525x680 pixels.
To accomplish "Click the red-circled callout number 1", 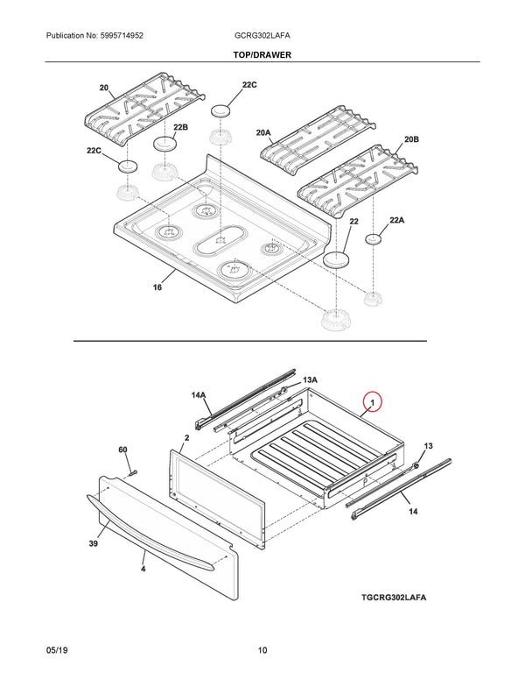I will [x=373, y=403].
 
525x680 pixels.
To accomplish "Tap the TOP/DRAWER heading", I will [x=263, y=54].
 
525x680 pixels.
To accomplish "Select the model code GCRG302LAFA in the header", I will [x=263, y=36].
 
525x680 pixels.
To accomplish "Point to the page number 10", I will [x=262, y=650].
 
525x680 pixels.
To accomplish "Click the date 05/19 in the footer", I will [x=57, y=650].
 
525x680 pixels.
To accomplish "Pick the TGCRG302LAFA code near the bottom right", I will [x=399, y=598].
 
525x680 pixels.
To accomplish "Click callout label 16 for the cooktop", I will [x=157, y=288].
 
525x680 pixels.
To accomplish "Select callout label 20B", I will [x=411, y=140].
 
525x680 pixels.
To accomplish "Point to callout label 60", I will [x=123, y=450].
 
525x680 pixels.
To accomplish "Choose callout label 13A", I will [x=310, y=380].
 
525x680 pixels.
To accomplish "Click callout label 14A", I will [x=199, y=395].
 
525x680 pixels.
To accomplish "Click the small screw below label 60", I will [x=131, y=473].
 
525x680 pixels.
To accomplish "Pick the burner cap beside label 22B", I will [x=164, y=144].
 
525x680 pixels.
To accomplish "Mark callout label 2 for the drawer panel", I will [x=187, y=436].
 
